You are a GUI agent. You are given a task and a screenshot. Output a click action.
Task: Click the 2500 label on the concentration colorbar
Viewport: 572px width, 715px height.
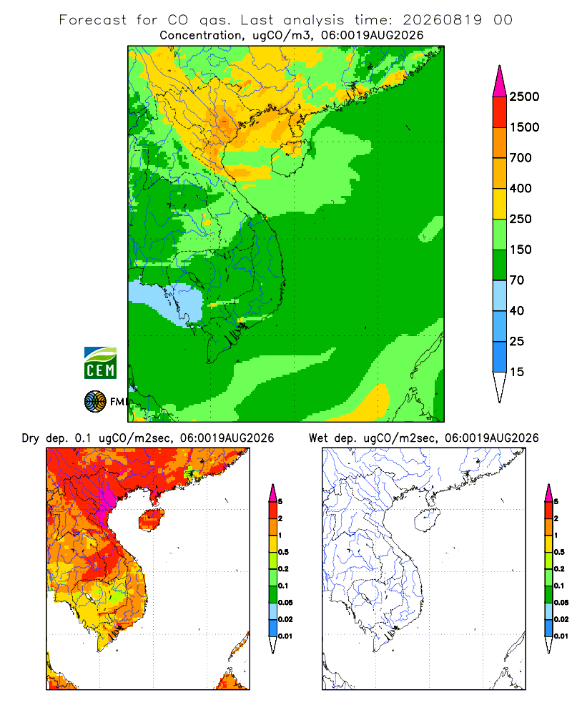click(x=524, y=97)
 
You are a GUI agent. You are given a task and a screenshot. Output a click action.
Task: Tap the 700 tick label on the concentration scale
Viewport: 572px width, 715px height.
click(x=521, y=158)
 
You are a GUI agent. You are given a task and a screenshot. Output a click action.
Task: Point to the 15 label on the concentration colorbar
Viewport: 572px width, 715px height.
click(x=517, y=372)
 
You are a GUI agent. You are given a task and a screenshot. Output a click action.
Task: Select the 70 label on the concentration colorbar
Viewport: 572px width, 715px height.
click(x=517, y=280)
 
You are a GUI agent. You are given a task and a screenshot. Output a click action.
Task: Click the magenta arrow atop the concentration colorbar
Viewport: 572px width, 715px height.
click(x=500, y=82)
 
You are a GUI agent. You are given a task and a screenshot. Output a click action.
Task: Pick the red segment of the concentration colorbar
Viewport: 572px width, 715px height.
click(x=500, y=112)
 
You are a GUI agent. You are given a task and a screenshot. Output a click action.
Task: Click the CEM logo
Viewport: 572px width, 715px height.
click(x=100, y=363)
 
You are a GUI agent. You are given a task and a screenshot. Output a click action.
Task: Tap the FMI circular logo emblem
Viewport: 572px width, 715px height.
click(x=95, y=402)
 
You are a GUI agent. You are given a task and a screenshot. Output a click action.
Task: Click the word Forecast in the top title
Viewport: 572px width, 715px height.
click(x=93, y=20)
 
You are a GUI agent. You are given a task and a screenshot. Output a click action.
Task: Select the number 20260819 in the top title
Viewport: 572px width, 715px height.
click(x=442, y=20)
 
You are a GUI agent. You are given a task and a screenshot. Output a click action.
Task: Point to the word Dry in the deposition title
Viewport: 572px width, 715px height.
click(x=31, y=438)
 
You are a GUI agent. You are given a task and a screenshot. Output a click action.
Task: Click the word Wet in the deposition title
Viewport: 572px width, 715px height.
click(x=318, y=438)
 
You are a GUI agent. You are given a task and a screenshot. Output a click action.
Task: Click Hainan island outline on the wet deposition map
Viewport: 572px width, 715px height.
click(x=427, y=521)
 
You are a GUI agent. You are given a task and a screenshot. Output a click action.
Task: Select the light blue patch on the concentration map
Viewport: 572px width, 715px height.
click(x=168, y=302)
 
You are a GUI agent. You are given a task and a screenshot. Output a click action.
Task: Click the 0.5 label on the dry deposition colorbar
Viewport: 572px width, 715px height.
click(x=283, y=552)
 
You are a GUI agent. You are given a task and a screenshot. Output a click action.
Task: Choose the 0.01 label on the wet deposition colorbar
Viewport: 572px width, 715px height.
click(x=561, y=636)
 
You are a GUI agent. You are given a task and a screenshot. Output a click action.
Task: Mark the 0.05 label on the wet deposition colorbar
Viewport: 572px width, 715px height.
click(x=561, y=602)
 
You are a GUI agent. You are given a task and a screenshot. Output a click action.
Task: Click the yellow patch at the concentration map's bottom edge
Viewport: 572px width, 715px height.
click(x=373, y=403)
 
